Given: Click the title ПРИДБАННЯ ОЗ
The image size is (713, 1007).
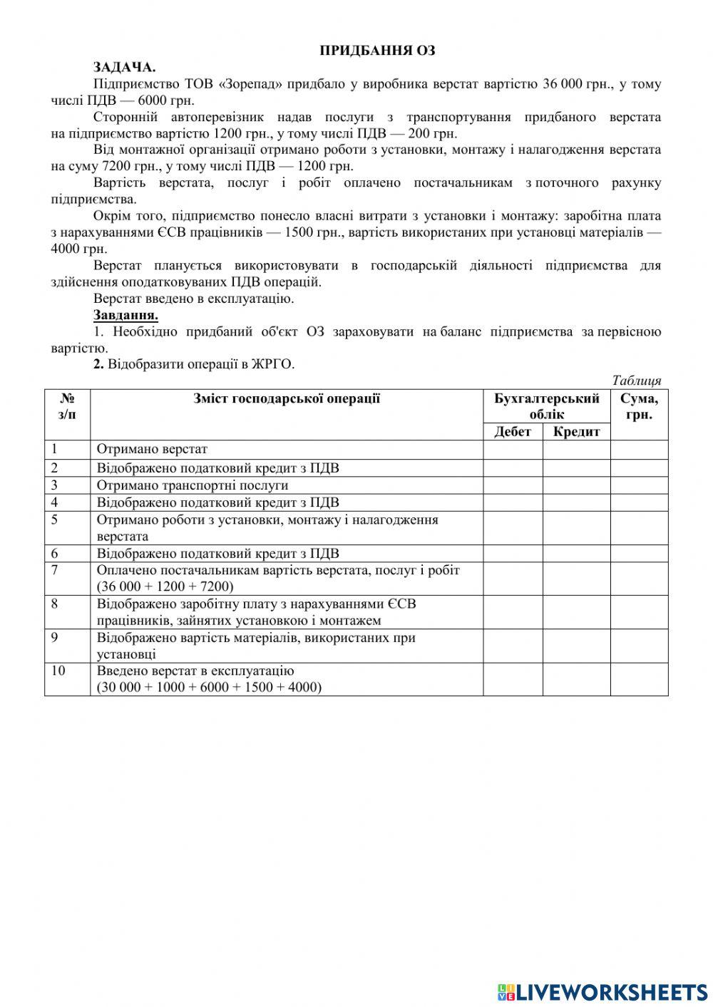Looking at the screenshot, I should tap(376, 51).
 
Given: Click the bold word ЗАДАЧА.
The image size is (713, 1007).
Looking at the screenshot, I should tap(124, 67).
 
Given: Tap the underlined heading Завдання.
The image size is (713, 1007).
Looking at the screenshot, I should tap(125, 315).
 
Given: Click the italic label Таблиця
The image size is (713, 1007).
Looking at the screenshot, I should tap(636, 381).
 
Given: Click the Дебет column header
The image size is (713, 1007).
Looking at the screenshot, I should tap(512, 431).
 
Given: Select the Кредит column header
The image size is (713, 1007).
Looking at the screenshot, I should tap(576, 431).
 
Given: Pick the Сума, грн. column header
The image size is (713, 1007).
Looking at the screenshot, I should tap(639, 406).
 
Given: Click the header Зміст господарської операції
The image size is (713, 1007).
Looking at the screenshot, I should tap(287, 398).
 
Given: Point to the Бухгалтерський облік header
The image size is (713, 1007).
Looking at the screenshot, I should tap(547, 406).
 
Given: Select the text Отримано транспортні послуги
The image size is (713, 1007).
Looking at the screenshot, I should tap(193, 485).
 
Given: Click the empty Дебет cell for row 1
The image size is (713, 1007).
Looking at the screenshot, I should tap(513, 450).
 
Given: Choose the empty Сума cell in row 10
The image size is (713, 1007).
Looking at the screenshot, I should tap(639, 679).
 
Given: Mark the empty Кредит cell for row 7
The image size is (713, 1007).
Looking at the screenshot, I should tap(576, 578).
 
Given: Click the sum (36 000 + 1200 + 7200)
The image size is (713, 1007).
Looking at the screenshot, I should tap(165, 587).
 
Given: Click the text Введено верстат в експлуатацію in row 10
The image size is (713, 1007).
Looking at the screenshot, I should tap(195, 671).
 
